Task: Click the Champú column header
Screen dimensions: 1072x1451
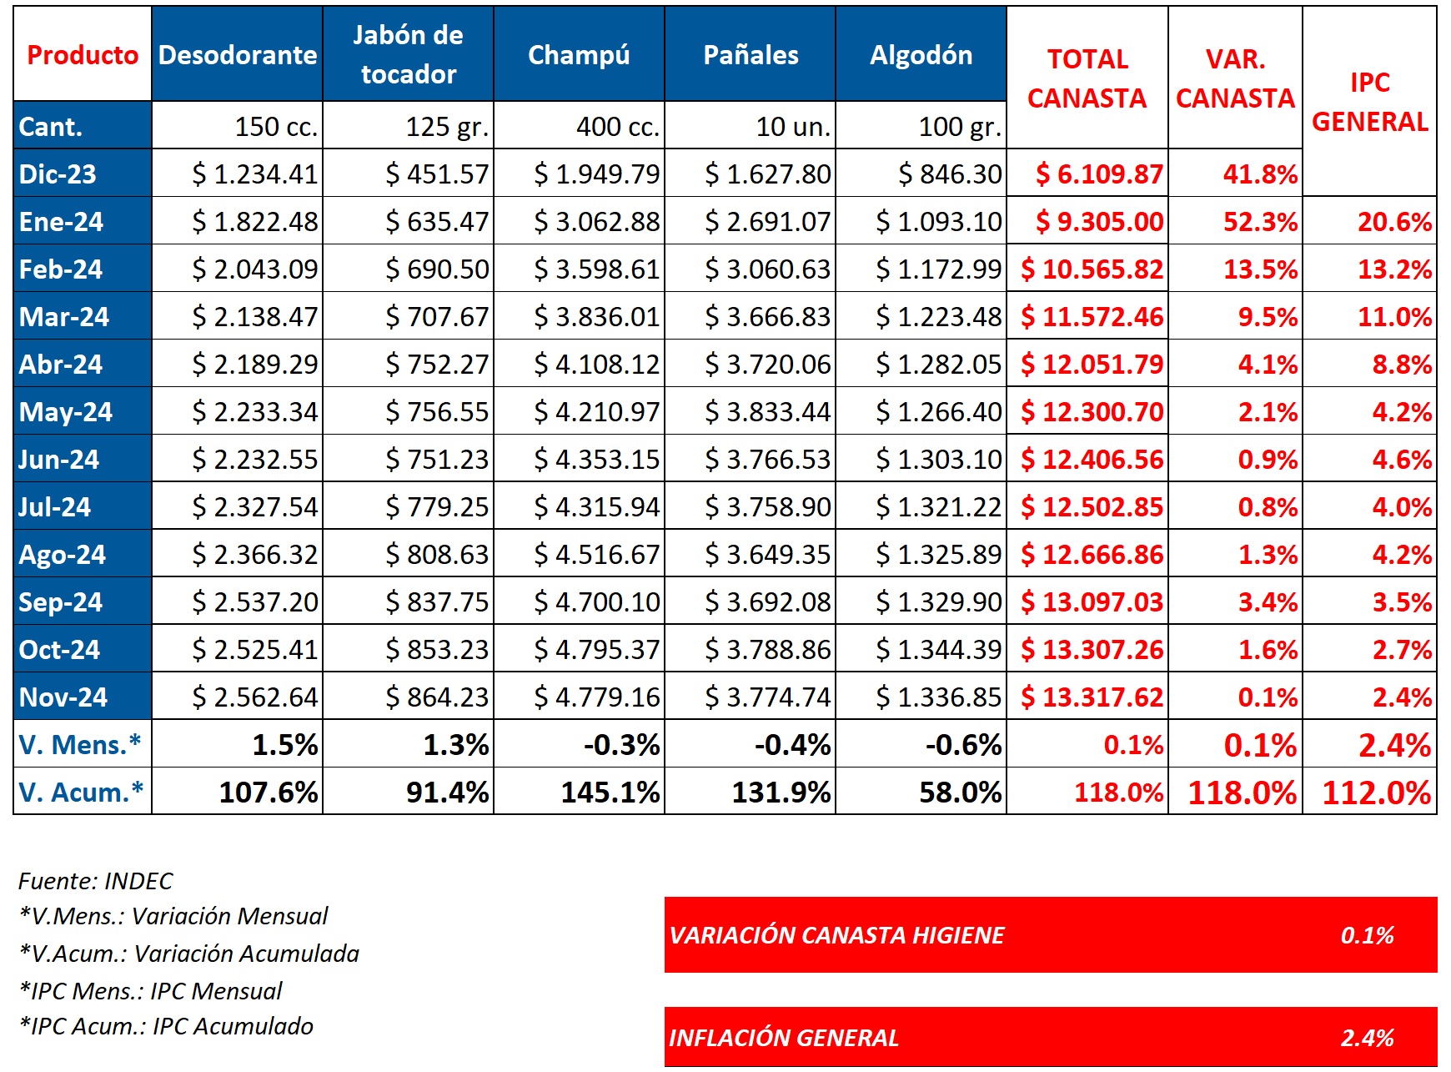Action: click(x=579, y=54)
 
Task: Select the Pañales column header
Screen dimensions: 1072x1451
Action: click(x=751, y=54)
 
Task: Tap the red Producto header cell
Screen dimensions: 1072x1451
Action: click(x=83, y=54)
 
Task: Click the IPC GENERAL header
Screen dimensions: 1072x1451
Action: click(x=1369, y=102)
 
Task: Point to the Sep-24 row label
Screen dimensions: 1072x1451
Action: click(x=61, y=601)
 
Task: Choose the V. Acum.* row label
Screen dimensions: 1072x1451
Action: click(x=81, y=792)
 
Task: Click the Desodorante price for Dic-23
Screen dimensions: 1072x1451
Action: click(x=255, y=174)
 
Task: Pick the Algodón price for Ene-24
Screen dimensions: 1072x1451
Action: click(x=938, y=221)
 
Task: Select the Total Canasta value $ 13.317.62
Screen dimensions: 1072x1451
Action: click(x=1092, y=697)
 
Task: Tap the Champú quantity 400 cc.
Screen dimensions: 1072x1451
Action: click(x=617, y=126)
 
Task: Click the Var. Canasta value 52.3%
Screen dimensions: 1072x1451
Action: click(x=1260, y=221)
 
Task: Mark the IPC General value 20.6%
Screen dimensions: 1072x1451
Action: click(x=1394, y=221)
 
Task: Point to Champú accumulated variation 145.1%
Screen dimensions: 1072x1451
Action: click(x=610, y=792)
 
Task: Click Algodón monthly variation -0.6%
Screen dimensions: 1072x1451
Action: click(x=963, y=744)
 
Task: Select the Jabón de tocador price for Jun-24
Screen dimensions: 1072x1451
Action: click(x=437, y=459)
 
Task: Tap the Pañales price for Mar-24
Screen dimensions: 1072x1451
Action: click(x=767, y=316)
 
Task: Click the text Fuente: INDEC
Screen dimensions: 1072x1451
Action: click(x=95, y=881)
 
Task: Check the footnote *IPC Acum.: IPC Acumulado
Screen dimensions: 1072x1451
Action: click(x=167, y=1026)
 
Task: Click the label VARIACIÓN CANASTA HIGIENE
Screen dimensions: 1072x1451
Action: click(x=836, y=935)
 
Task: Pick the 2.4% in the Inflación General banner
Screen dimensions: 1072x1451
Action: click(x=1367, y=1038)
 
